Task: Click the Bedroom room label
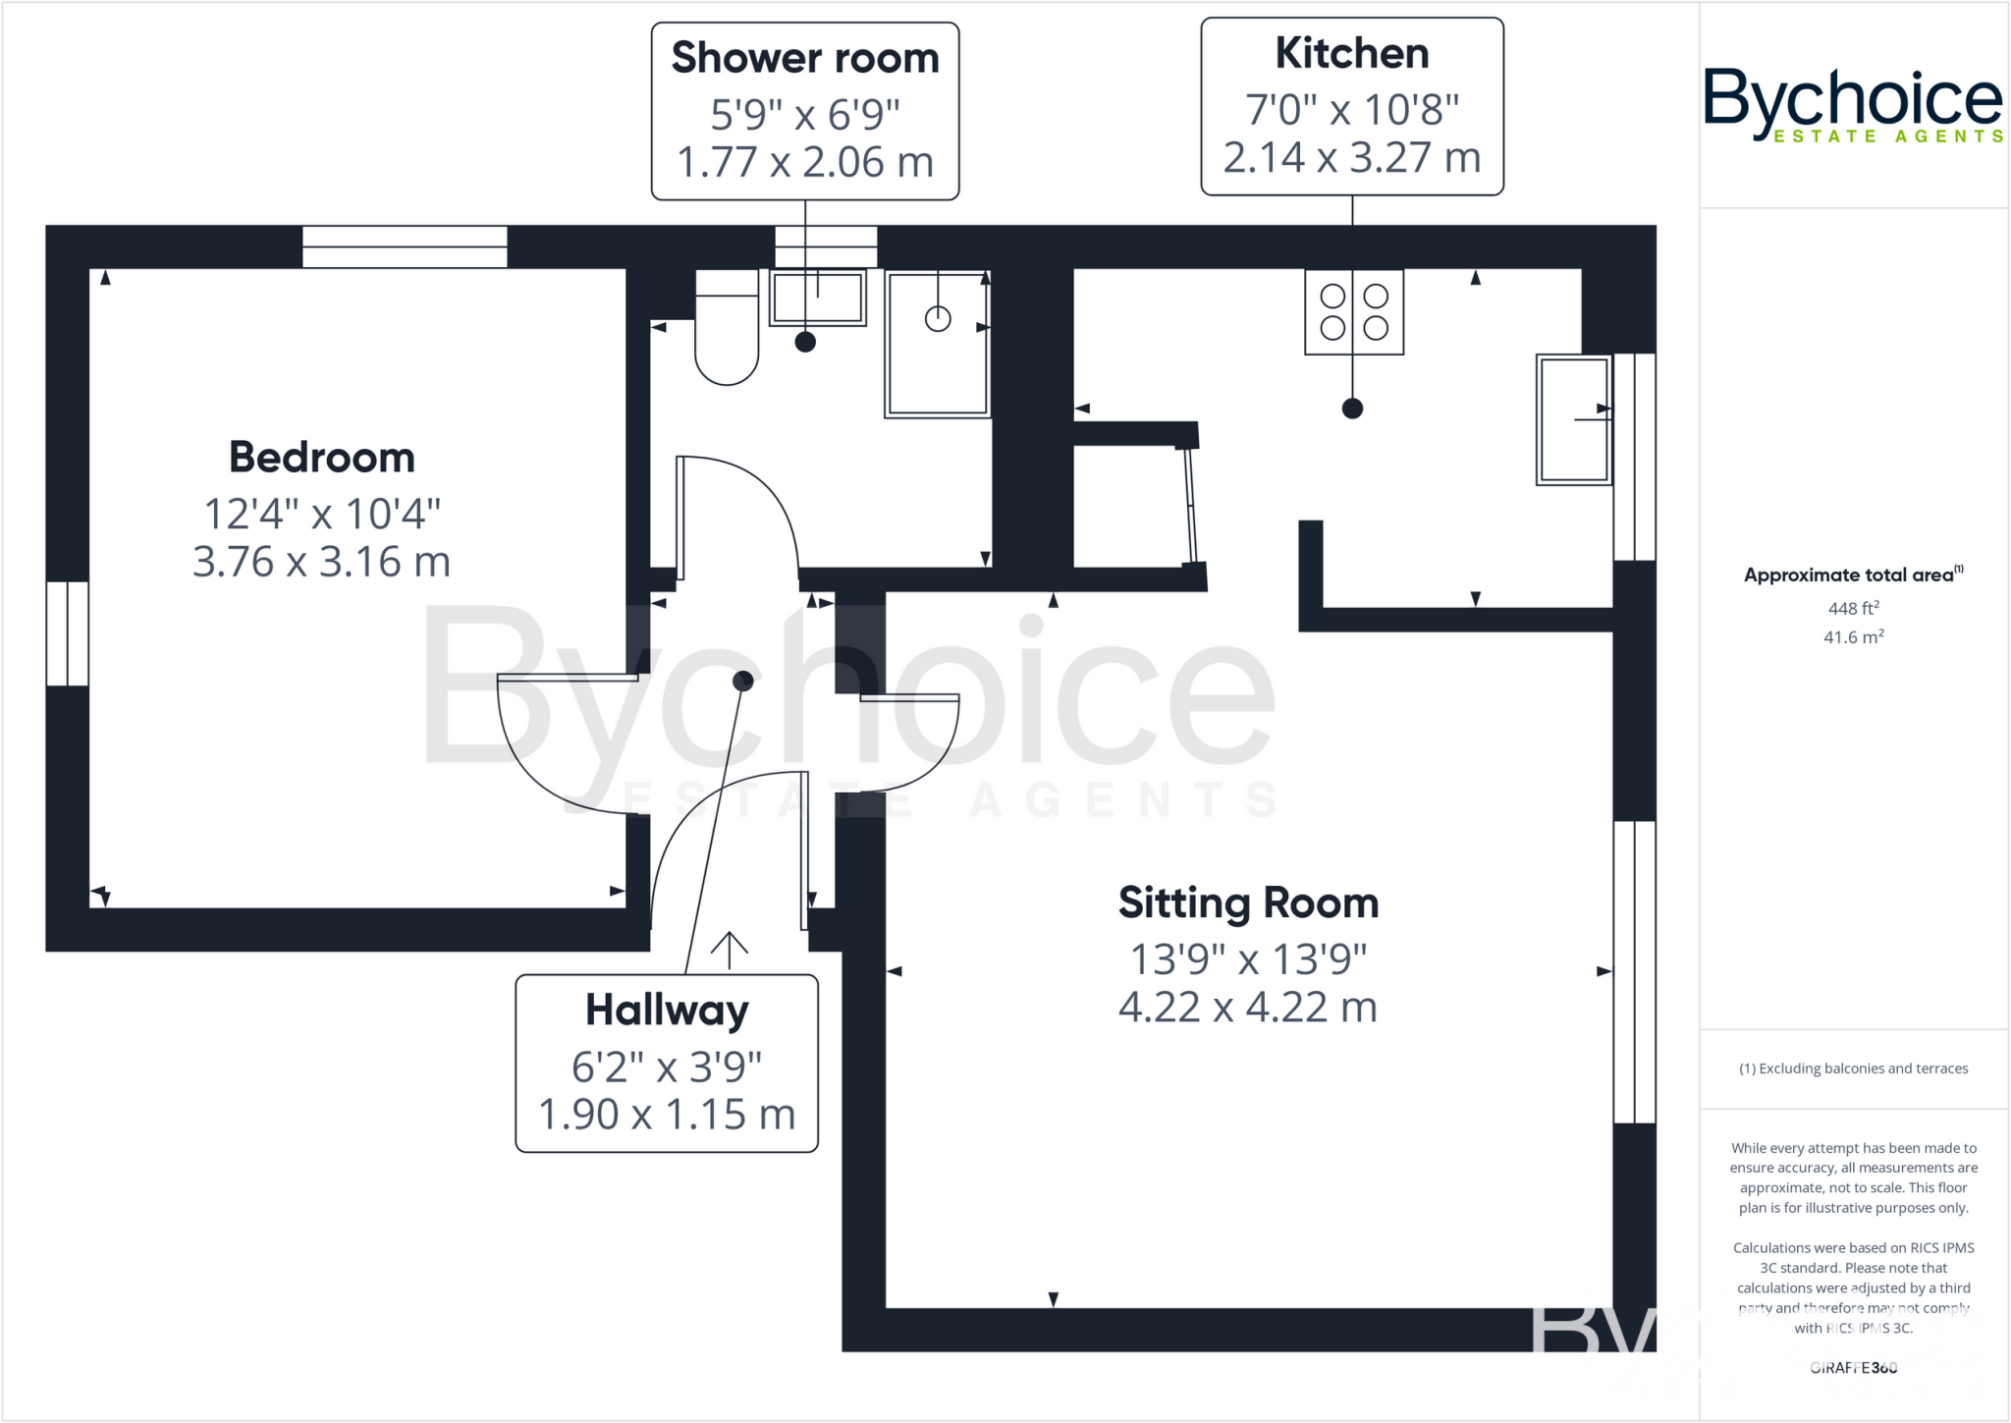[321, 458]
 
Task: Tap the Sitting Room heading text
[1248, 903]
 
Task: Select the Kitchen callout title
[1351, 54]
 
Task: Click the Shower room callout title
[804, 59]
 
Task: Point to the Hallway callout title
[667, 1011]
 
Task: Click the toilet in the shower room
[727, 334]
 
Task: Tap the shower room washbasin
[817, 297]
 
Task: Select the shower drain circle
[938, 318]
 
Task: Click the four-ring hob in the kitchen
[1353, 311]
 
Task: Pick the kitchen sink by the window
[1573, 419]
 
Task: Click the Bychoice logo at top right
[1852, 104]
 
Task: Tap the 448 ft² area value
[1853, 608]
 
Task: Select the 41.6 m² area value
[1853, 637]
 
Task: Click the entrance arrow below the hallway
[729, 950]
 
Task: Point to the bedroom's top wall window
[405, 246]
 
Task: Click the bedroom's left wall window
[67, 633]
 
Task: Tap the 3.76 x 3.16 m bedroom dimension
[321, 563]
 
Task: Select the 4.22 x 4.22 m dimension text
[1247, 1008]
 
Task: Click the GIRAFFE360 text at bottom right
[1853, 1367]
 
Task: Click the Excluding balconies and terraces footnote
[1853, 1068]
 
